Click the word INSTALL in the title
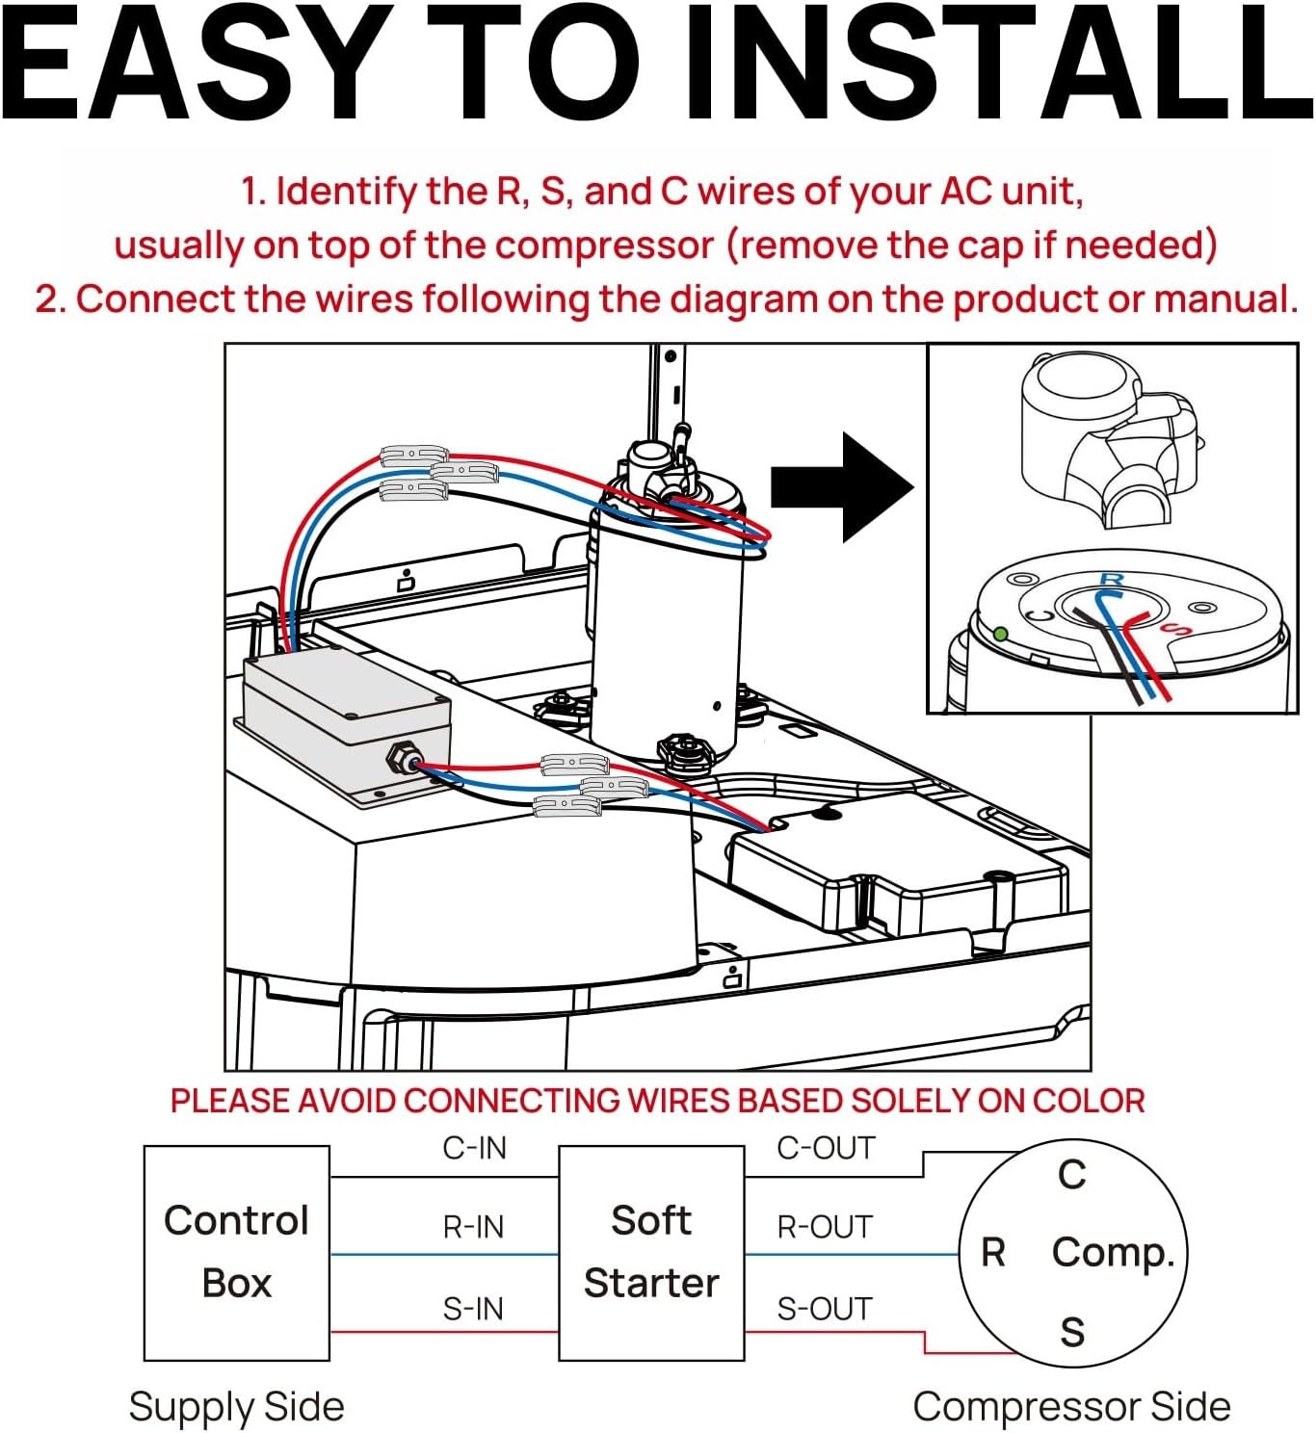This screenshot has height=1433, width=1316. (997, 65)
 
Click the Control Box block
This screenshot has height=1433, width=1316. (237, 1252)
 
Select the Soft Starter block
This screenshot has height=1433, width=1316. (651, 1252)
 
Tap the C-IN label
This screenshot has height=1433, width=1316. (474, 1148)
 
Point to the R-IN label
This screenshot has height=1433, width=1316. (473, 1227)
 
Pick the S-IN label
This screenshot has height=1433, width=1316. (473, 1309)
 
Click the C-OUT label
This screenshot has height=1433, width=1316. (826, 1148)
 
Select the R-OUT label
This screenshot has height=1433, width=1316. (825, 1227)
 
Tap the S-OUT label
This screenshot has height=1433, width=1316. (825, 1309)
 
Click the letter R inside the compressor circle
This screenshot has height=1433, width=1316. (993, 1252)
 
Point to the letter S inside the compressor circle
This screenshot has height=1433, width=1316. (1072, 1332)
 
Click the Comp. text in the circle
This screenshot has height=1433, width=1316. (1113, 1252)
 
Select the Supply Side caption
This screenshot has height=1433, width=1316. (236, 1406)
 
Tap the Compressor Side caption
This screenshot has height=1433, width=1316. (1071, 1406)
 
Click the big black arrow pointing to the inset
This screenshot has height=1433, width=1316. (841, 487)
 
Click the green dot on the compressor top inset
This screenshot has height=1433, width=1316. (1001, 634)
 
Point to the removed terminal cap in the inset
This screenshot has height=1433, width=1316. (1108, 438)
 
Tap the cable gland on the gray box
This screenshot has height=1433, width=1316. (398, 760)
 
